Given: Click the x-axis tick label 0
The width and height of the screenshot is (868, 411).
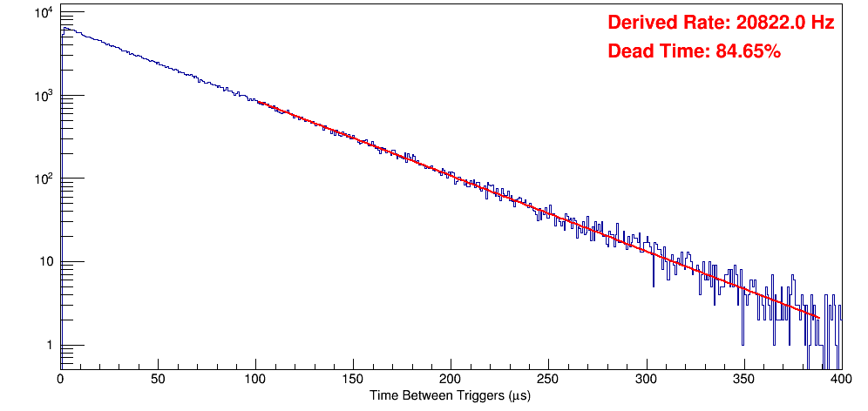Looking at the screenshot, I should point(60,380).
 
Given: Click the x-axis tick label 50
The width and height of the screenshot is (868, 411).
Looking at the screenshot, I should point(158,380).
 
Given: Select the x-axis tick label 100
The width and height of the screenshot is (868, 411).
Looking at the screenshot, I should point(255,380).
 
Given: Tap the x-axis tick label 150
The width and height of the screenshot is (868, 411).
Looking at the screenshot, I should point(353,380).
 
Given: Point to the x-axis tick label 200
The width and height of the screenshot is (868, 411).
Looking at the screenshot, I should point(451,380).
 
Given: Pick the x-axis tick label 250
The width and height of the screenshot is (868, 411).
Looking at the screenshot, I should point(548,380).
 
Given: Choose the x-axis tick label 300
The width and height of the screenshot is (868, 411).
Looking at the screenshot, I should point(646,380).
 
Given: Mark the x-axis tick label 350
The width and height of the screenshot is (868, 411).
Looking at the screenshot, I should point(743,380).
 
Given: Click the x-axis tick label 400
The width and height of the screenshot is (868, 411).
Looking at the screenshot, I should point(840,380).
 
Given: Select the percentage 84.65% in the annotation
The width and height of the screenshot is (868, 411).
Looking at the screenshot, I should point(748,52).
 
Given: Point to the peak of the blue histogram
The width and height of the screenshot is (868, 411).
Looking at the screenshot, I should point(64,28).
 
